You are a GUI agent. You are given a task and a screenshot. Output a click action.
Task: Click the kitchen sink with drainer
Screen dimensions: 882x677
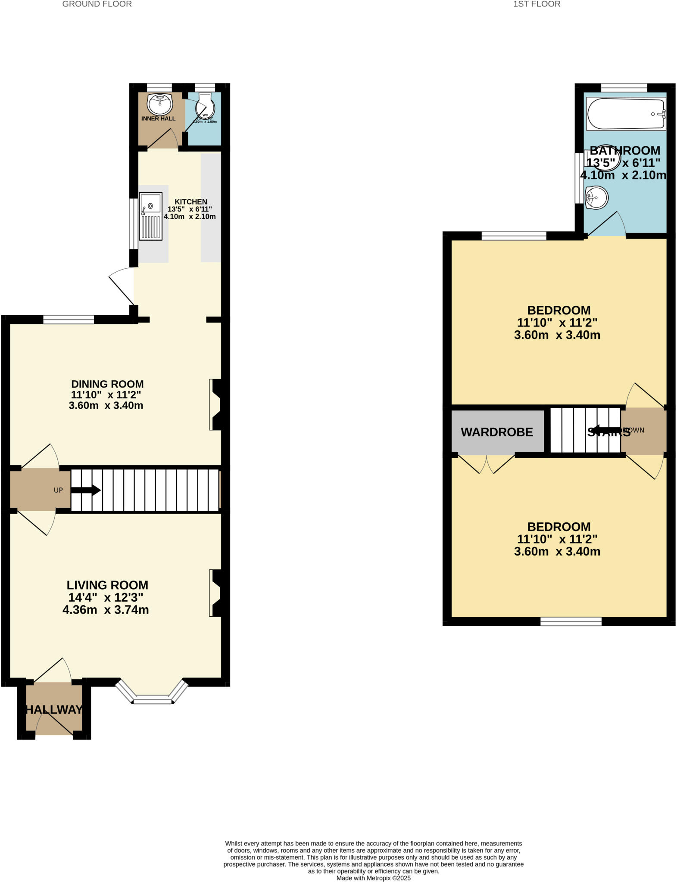(x=150, y=216)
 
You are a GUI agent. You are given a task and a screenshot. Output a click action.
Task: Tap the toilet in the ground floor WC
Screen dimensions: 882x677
(x=206, y=105)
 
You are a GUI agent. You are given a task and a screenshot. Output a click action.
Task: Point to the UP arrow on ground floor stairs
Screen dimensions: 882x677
(x=86, y=490)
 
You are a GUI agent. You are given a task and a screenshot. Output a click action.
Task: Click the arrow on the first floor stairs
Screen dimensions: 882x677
(x=605, y=430)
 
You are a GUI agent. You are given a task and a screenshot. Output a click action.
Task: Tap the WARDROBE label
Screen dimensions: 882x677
(x=497, y=432)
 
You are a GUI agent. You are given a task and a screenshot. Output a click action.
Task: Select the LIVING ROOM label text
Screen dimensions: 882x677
(x=107, y=585)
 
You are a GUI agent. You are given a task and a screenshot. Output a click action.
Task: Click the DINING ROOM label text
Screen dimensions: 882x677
(x=107, y=384)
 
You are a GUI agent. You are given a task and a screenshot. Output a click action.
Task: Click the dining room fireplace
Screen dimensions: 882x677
(x=215, y=404)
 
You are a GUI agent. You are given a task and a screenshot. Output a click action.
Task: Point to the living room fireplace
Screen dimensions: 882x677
(x=215, y=593)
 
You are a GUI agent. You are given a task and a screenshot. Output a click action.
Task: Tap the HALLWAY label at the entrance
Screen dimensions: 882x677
(x=54, y=710)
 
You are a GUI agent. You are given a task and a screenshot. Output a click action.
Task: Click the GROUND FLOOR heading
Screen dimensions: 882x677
(x=97, y=4)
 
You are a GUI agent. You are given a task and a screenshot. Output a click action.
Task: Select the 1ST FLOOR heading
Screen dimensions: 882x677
(x=537, y=4)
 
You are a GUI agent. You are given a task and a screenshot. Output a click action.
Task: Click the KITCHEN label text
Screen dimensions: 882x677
(x=190, y=202)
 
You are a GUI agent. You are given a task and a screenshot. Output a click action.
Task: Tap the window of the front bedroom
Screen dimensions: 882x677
(x=571, y=621)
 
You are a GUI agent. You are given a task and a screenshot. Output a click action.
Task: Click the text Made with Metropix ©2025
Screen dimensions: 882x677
(x=373, y=878)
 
